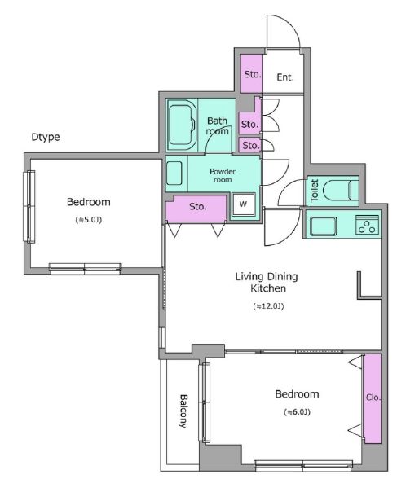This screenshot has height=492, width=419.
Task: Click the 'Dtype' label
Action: coord(46,137)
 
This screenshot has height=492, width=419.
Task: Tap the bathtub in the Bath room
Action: coord(182,125)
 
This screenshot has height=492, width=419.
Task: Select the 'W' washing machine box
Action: coord(243,204)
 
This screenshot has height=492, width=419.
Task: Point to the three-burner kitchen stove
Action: coord(367,225)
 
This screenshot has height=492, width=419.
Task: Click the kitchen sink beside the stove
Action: coord(323,226)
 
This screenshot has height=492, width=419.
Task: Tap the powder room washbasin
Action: coord(174,174)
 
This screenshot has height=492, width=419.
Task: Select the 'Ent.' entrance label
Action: coord(285,77)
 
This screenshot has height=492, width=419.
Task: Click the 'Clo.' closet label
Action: coord(373,398)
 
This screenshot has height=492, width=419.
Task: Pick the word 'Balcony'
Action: coord(183,411)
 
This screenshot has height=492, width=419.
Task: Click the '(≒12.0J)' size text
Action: coord(268,306)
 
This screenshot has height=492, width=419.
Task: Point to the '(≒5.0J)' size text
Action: coord(89,220)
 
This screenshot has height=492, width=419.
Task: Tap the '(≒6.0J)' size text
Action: coord(298,411)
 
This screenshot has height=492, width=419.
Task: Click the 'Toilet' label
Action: coord(315,190)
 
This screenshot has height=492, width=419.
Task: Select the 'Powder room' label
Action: coord(223,175)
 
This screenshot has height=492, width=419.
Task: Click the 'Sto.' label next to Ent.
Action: coord(253,74)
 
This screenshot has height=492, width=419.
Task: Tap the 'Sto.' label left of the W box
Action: coord(198,206)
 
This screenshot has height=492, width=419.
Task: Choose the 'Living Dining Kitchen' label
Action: coord(267,283)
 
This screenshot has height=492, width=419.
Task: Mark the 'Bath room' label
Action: coord(217,125)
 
